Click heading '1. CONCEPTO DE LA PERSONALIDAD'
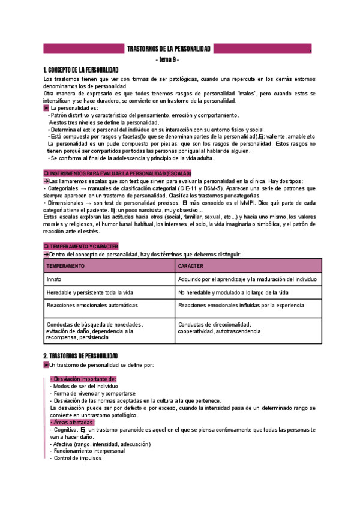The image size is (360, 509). click(x=81, y=70)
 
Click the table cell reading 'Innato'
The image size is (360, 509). click(x=54, y=279)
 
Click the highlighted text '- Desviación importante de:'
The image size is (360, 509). click(x=83, y=379)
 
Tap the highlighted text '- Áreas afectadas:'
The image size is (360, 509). click(x=71, y=423)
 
